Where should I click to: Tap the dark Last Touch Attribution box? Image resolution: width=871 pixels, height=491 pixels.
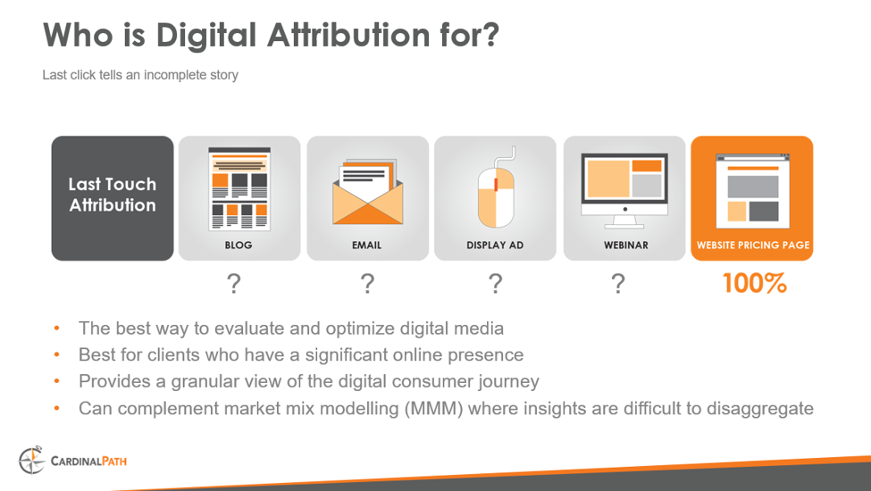[x=113, y=197]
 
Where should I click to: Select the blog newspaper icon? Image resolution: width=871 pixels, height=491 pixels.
[x=239, y=188]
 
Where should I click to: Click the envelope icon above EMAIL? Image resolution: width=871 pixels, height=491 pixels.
[x=367, y=192]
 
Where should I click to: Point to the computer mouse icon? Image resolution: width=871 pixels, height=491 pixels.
[x=496, y=189]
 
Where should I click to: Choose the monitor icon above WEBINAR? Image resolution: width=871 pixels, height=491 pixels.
[x=624, y=185]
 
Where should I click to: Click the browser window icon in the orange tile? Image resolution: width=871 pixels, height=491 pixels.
[x=752, y=188]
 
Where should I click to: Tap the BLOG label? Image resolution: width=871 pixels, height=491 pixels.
[x=239, y=245]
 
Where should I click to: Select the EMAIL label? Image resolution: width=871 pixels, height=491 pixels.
[x=367, y=245]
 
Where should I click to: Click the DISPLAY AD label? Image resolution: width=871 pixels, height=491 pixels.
[x=495, y=245]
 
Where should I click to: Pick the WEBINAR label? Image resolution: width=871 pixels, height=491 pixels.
[x=624, y=245]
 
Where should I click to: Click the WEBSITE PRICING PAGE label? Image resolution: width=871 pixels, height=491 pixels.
[x=752, y=245]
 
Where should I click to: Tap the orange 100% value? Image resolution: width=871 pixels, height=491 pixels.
[x=754, y=284]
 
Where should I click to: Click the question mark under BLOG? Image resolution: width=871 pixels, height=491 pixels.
[x=233, y=284]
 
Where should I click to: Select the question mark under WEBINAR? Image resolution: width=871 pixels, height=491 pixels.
[x=617, y=284]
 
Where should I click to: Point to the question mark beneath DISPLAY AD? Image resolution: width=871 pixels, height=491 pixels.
[x=495, y=284]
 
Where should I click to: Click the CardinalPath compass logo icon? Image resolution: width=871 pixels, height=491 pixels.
[x=31, y=461]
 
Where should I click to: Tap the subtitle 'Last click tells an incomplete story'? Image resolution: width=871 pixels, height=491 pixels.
[x=140, y=75]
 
